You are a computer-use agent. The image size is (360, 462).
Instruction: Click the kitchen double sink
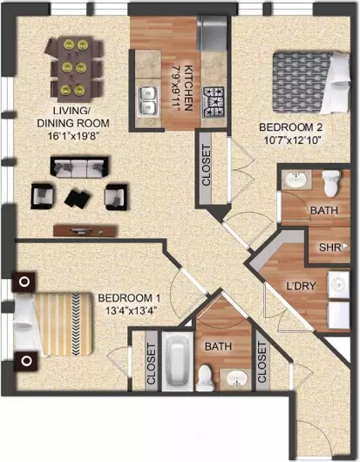click(x=148, y=101)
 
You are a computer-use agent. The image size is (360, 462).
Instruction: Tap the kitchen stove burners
click(x=214, y=102)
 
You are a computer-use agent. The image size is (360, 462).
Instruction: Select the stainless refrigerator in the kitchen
click(x=212, y=33)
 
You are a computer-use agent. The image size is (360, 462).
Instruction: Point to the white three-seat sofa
click(x=79, y=167)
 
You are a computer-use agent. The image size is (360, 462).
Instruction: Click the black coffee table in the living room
click(x=78, y=199)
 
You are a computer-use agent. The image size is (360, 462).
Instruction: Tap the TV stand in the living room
click(x=85, y=231)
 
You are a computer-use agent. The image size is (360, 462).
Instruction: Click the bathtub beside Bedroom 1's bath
click(x=178, y=362)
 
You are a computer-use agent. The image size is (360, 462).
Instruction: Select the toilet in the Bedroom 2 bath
click(x=331, y=183)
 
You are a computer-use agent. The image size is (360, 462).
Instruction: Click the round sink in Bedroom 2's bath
click(x=296, y=180)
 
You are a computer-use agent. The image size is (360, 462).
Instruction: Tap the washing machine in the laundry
click(x=339, y=284)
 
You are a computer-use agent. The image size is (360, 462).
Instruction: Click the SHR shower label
click(x=329, y=248)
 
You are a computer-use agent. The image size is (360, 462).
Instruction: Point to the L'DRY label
click(x=301, y=286)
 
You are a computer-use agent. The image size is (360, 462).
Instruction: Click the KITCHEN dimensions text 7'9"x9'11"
click(x=176, y=88)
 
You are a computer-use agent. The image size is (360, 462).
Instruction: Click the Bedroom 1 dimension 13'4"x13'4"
click(x=130, y=311)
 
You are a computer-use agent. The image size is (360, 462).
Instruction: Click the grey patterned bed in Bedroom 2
click(x=311, y=83)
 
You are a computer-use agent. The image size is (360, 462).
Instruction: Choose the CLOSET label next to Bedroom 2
click(x=207, y=165)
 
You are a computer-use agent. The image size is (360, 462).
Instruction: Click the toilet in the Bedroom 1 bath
click(x=206, y=378)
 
